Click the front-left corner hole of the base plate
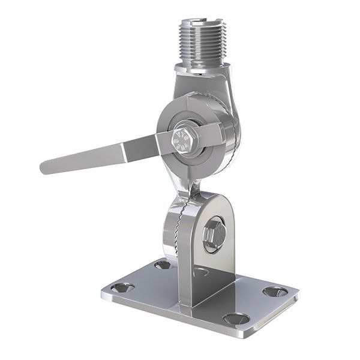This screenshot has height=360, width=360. click(122, 287)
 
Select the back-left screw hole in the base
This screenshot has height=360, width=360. click(162, 264)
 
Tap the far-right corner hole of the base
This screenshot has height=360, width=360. click(275, 292)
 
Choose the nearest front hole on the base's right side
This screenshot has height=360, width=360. click(236, 318)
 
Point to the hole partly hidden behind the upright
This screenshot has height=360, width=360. click(201, 272)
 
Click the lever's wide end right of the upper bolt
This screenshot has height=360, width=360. click(214, 134)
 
